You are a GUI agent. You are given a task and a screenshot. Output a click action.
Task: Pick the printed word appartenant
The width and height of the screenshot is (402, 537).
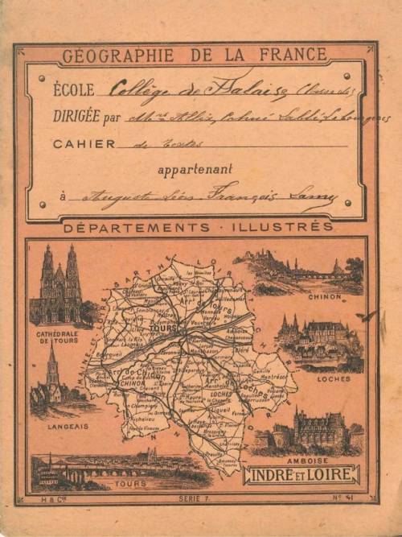pos(195,169)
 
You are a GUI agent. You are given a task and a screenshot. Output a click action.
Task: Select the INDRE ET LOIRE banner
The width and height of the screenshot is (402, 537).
pos(301,476)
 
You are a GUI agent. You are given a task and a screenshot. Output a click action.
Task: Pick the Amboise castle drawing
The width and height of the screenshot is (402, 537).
pos(314,431)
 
